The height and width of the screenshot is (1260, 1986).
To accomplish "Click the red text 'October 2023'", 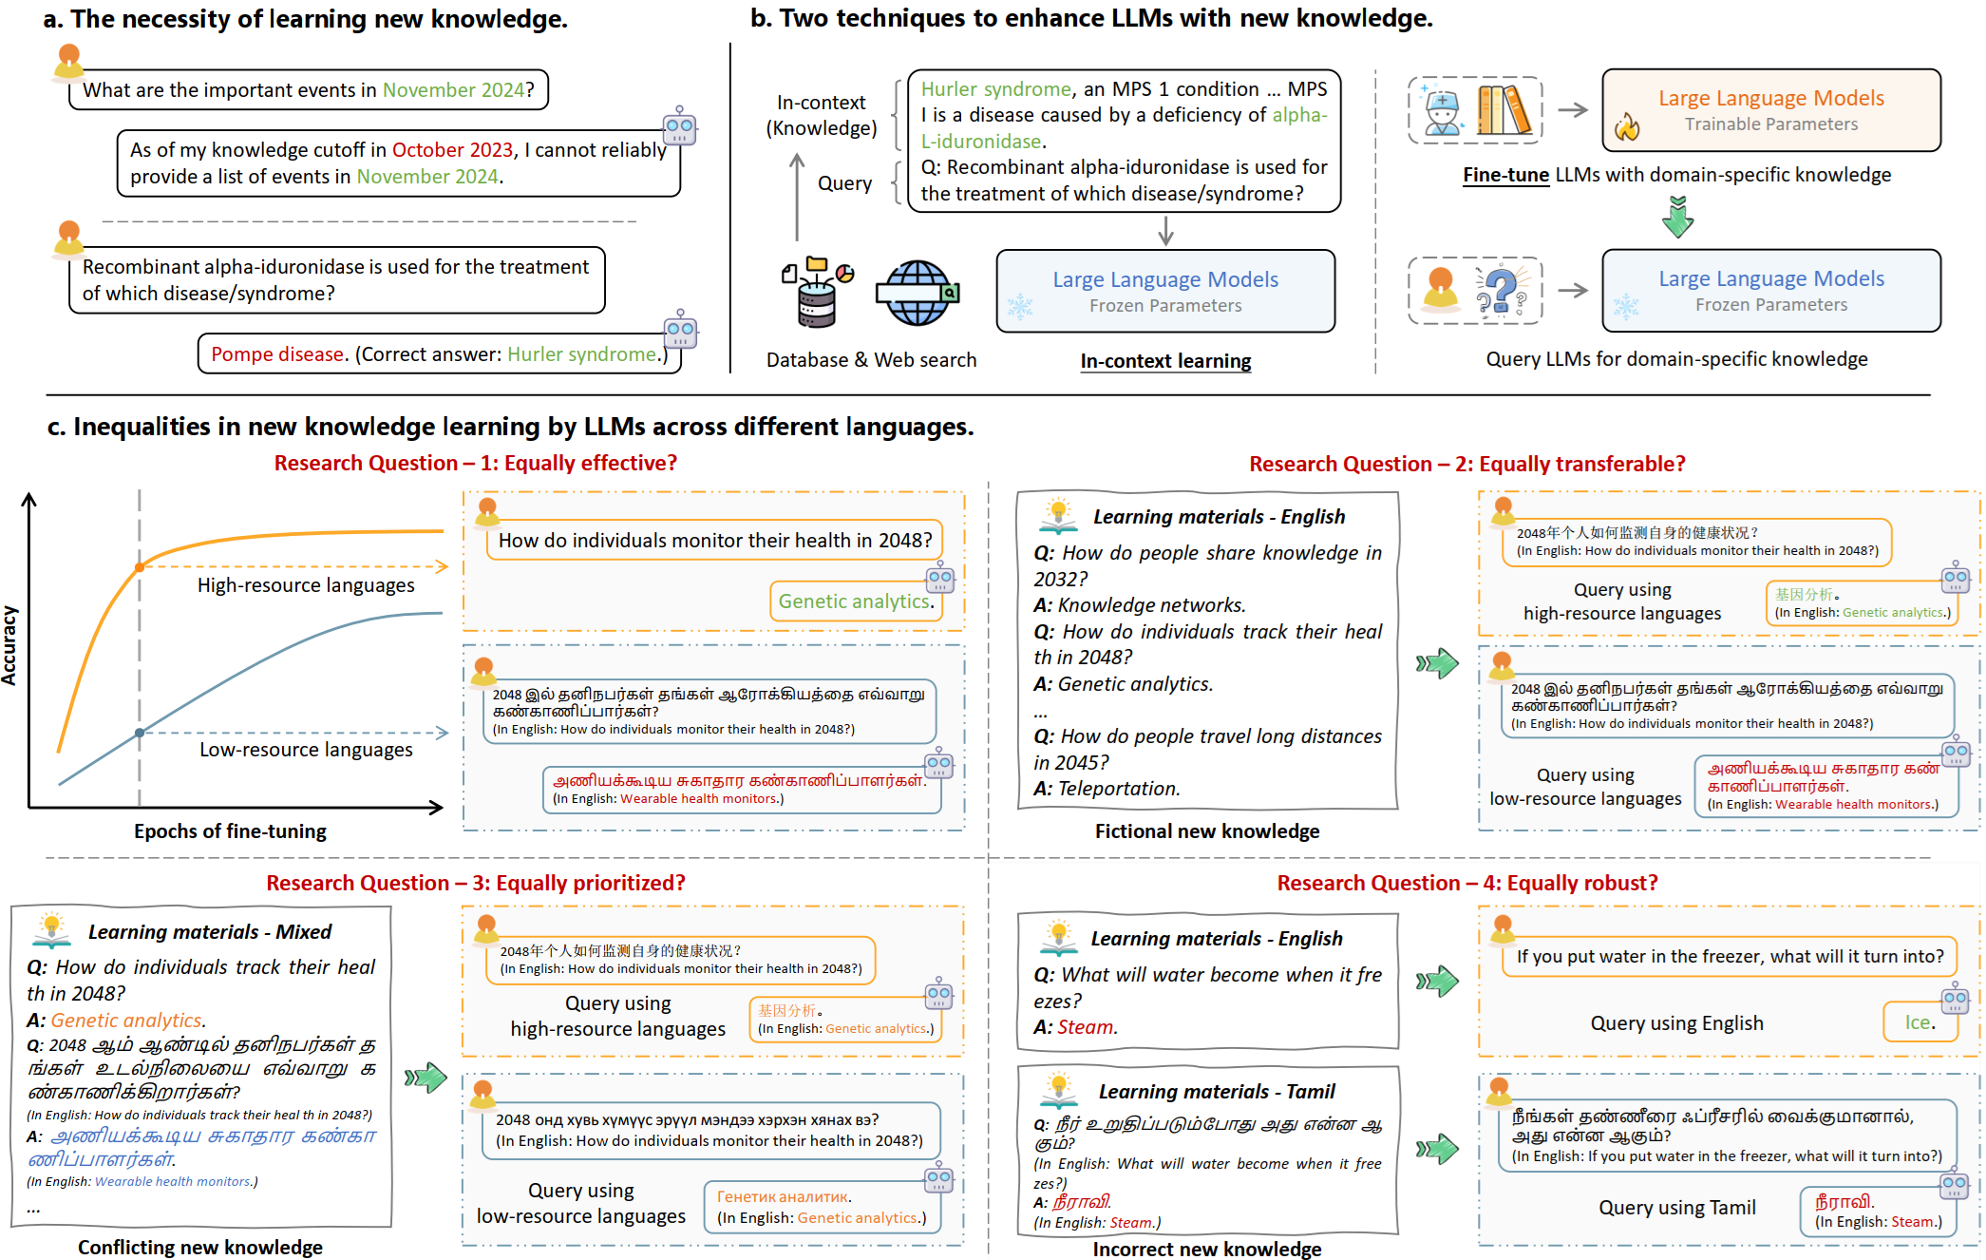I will click(452, 150).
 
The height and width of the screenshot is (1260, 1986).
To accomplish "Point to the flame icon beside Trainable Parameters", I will click(1627, 126).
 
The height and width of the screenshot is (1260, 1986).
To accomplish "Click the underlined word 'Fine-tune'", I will click(1505, 175).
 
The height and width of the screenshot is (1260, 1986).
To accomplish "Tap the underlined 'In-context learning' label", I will click(1165, 361).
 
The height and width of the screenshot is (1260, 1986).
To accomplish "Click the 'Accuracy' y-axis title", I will click(9, 645).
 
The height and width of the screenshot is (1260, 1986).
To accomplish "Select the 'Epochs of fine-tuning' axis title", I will click(230, 831).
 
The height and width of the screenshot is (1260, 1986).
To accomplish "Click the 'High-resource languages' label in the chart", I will click(306, 585).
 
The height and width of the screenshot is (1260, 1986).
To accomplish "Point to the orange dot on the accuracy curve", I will click(140, 567).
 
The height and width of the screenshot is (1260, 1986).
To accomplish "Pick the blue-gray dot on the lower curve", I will click(140, 733).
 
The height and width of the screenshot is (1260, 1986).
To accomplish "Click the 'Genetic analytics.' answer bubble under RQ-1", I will click(856, 601).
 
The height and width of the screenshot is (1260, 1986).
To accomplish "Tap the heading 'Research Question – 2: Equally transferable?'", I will click(1466, 464).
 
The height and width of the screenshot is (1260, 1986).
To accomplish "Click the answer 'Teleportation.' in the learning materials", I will click(1119, 789).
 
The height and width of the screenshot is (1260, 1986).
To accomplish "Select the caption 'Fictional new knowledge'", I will click(1206, 831).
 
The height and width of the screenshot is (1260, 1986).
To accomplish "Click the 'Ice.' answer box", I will click(1920, 1022).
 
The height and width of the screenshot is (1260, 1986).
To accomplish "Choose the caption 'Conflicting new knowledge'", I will click(200, 1248).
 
